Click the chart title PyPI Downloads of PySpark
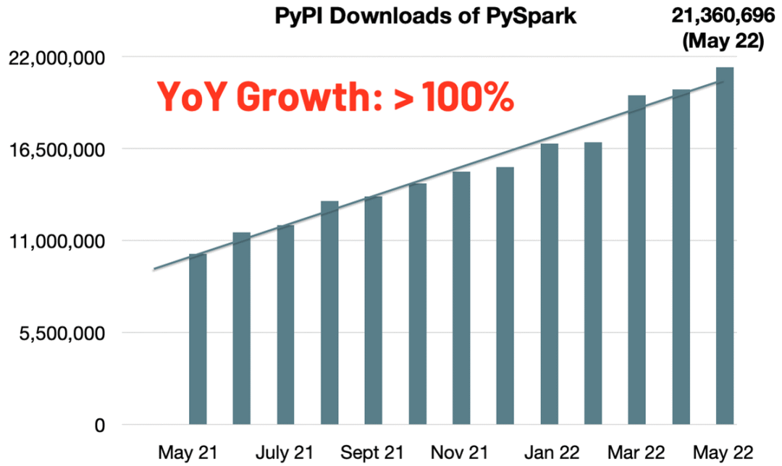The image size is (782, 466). coord(426,16)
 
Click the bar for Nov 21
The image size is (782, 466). coord(461,297)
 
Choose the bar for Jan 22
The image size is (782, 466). coord(549,284)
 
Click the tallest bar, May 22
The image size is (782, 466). coord(725,245)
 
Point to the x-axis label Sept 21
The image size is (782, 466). coord(373,452)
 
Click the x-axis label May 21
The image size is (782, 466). coord(186,452)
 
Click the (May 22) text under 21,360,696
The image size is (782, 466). coord(723,41)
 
